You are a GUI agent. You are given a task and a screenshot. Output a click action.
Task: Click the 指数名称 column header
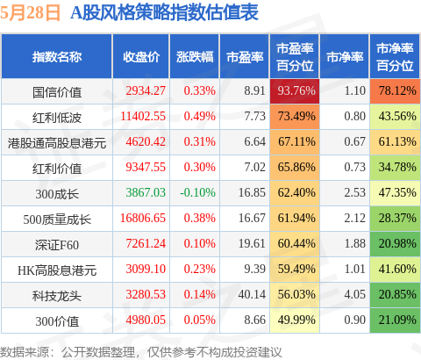tap(57, 57)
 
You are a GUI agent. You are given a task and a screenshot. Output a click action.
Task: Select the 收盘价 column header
tap(141, 57)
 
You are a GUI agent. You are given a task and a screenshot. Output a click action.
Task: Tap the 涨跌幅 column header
tap(195, 57)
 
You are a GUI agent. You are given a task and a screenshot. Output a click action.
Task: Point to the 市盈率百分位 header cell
tap(295, 57)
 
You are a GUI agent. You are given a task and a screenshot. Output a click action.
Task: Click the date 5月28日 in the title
tap(30, 12)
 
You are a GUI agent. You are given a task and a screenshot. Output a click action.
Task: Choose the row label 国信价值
tap(57, 92)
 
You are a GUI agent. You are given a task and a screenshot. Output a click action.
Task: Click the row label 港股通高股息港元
tap(57, 143)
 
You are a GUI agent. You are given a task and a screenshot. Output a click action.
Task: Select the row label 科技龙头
tap(57, 296)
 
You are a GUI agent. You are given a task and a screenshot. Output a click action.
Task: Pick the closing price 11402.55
tap(143, 116)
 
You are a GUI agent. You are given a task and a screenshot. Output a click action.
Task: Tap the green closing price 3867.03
tap(146, 192)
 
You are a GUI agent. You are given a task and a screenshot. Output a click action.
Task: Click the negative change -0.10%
tap(197, 192)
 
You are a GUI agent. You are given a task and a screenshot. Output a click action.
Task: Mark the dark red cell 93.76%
tap(295, 91)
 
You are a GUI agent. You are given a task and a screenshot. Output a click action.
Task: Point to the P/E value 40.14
tap(252, 294)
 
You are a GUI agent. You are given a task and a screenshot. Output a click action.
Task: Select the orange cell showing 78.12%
tap(395, 91)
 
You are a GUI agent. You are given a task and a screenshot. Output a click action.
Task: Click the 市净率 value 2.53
tap(355, 192)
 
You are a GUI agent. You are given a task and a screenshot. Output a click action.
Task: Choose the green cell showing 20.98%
tap(395, 244)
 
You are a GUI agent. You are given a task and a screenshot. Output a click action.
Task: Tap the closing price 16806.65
tap(143, 218)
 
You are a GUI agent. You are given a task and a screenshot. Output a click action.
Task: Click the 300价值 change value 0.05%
tap(200, 320)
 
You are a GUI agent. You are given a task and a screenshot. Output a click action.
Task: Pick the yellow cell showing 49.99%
tap(295, 320)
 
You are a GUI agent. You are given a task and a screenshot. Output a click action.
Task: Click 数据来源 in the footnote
tap(25, 352)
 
